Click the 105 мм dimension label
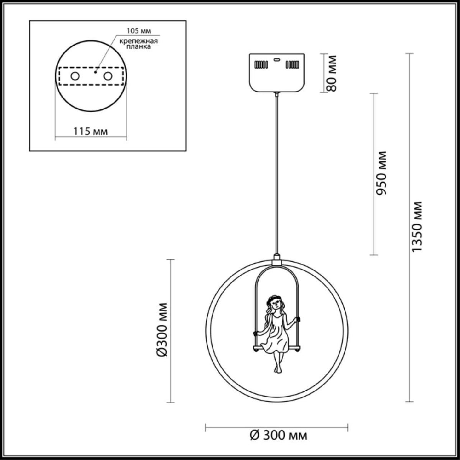point(139,31)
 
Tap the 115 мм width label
point(90,131)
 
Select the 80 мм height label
point(331,74)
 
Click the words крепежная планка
point(139,44)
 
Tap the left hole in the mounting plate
point(75,76)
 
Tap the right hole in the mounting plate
point(108,76)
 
